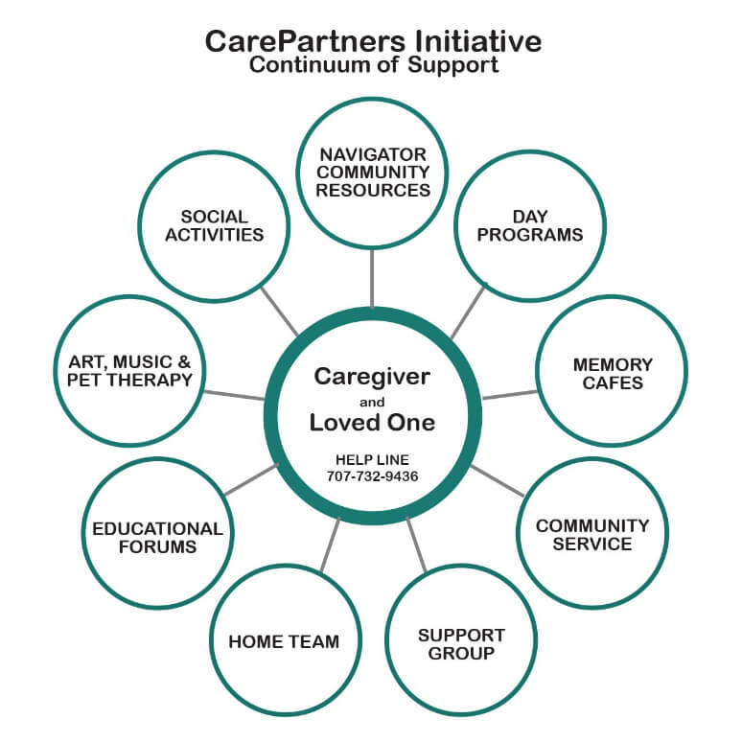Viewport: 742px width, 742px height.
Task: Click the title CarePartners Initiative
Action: click(373, 41)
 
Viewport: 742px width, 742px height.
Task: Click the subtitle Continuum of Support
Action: click(373, 66)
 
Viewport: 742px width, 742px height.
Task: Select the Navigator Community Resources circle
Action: click(373, 173)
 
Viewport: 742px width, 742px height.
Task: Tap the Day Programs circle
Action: click(529, 225)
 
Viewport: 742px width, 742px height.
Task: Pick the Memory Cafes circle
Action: click(612, 374)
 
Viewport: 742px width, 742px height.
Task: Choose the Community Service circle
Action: click(592, 534)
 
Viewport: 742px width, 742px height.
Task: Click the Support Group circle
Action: click(460, 643)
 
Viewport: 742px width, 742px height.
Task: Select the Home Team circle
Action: click(284, 641)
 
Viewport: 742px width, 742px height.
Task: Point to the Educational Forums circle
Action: click(157, 537)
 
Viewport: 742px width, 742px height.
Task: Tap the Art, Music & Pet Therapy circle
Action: click(130, 372)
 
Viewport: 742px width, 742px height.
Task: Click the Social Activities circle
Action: click(214, 225)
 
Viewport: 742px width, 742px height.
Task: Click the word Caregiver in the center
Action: click(371, 376)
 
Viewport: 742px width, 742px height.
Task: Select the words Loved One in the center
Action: click(371, 423)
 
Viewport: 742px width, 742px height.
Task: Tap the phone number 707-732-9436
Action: click(371, 475)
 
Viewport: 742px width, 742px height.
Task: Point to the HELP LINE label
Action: click(371, 459)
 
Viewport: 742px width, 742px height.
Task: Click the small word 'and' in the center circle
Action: click(371, 401)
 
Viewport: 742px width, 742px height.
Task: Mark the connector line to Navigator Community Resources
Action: click(372, 277)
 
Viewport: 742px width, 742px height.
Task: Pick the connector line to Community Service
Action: click(498, 481)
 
